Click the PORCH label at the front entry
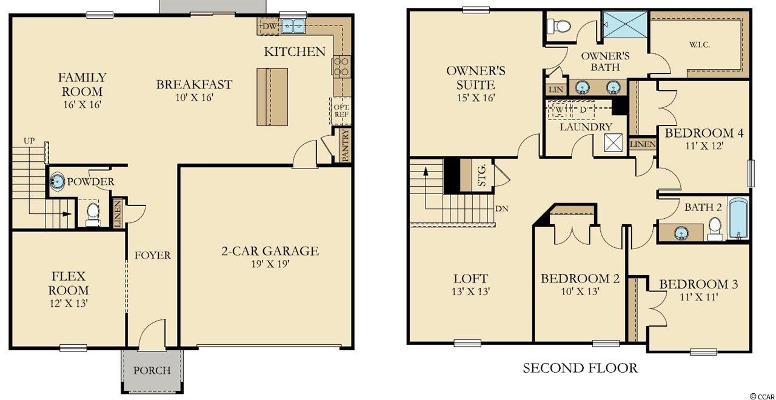[152, 370]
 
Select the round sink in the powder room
[57, 181]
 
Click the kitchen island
[272, 97]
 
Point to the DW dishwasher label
[269, 26]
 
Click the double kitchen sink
[293, 26]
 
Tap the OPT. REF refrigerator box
[341, 111]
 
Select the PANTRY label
[346, 145]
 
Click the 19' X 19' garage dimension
[270, 264]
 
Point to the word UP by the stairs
[29, 141]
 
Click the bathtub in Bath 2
[738, 219]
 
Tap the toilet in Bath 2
[715, 228]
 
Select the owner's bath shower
[625, 24]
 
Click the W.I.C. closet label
[700, 45]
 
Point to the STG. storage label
[482, 175]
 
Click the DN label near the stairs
[501, 208]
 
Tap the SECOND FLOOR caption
[580, 368]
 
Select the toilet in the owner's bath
[558, 26]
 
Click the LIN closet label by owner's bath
[556, 89]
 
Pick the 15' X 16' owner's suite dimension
[476, 98]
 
